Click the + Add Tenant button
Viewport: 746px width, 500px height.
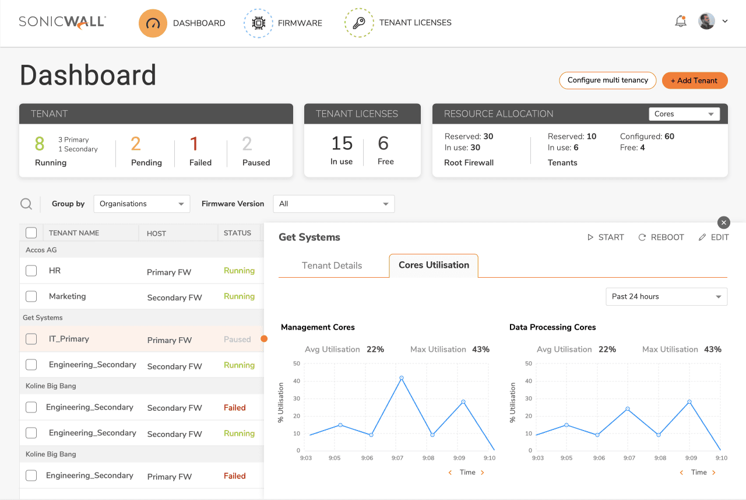click(695, 81)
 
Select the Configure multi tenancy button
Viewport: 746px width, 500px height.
click(607, 81)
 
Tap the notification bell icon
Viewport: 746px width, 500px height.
click(681, 22)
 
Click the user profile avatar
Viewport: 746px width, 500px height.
click(706, 22)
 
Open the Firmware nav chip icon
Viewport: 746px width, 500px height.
click(258, 23)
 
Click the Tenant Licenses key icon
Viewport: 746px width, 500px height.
click(359, 23)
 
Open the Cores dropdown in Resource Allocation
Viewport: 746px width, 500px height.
click(684, 114)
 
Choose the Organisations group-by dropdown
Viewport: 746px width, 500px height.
click(142, 204)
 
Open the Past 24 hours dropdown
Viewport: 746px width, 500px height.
click(666, 296)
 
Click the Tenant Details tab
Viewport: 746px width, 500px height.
click(332, 265)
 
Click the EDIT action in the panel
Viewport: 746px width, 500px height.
click(714, 237)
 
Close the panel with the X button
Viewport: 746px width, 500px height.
click(724, 223)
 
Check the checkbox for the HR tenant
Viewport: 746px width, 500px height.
click(31, 270)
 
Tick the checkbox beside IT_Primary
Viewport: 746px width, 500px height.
click(31, 338)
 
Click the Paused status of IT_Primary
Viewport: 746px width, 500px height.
click(237, 340)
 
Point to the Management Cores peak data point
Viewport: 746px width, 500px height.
click(402, 377)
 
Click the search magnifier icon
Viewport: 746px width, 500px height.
click(26, 204)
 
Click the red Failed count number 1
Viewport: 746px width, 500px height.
click(194, 144)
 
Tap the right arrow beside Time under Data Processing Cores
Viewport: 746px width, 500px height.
click(714, 473)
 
